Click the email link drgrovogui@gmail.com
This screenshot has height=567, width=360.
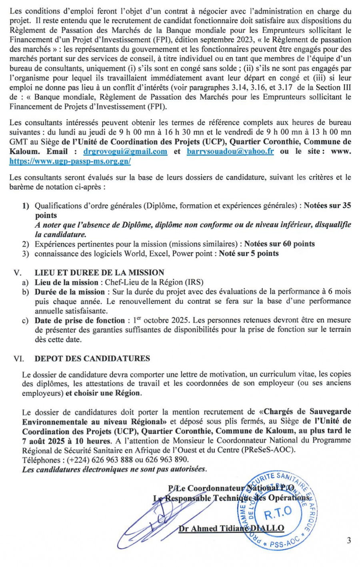point(125,152)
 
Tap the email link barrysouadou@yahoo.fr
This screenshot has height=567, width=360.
point(230,152)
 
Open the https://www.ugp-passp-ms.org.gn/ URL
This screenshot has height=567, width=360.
point(70,161)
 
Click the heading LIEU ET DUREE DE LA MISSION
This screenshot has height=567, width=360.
point(99,273)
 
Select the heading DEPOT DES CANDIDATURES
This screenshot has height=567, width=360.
point(92,359)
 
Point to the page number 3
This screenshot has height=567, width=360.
point(349,541)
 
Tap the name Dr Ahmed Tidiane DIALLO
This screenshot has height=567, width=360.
point(231,529)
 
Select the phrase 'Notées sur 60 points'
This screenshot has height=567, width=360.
point(279,244)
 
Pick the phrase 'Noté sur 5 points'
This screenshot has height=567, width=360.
point(248,253)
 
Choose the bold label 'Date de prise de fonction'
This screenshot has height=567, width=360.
point(80,321)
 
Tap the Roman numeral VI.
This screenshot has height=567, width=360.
point(19,359)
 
